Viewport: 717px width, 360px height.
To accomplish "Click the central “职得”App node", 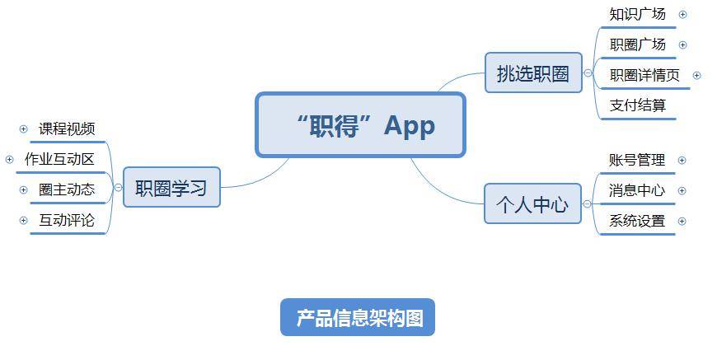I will click(x=360, y=124).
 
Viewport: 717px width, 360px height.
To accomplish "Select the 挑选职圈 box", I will click(x=532, y=73).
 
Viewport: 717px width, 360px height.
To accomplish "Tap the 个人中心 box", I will click(x=532, y=204).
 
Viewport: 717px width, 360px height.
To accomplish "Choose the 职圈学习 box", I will click(x=171, y=188).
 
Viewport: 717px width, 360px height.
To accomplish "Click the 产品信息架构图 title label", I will click(x=358, y=318).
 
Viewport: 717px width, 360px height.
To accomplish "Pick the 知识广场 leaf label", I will click(x=637, y=14).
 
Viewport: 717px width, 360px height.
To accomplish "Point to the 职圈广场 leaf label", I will click(x=637, y=44).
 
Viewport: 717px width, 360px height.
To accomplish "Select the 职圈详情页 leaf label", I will click(x=644, y=75).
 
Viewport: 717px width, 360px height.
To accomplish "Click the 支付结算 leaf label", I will click(x=637, y=105).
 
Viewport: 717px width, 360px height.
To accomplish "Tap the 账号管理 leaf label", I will click(x=636, y=160).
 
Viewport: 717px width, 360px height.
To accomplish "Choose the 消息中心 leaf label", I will click(x=636, y=190).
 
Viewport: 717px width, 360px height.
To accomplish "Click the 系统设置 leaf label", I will click(x=636, y=221).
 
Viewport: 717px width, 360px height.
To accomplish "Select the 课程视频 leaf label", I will click(x=67, y=129).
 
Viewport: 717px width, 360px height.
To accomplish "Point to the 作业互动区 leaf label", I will click(x=59, y=159).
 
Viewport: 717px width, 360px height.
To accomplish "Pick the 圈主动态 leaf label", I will click(x=67, y=189).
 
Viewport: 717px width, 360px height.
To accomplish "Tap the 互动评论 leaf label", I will click(x=67, y=220).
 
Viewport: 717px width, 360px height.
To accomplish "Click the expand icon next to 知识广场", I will click(x=682, y=14).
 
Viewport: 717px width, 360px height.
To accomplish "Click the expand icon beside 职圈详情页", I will click(x=696, y=75).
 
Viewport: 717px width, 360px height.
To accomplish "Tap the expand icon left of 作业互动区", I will click(x=10, y=159).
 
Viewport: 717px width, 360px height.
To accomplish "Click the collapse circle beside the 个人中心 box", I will click(x=588, y=204).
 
